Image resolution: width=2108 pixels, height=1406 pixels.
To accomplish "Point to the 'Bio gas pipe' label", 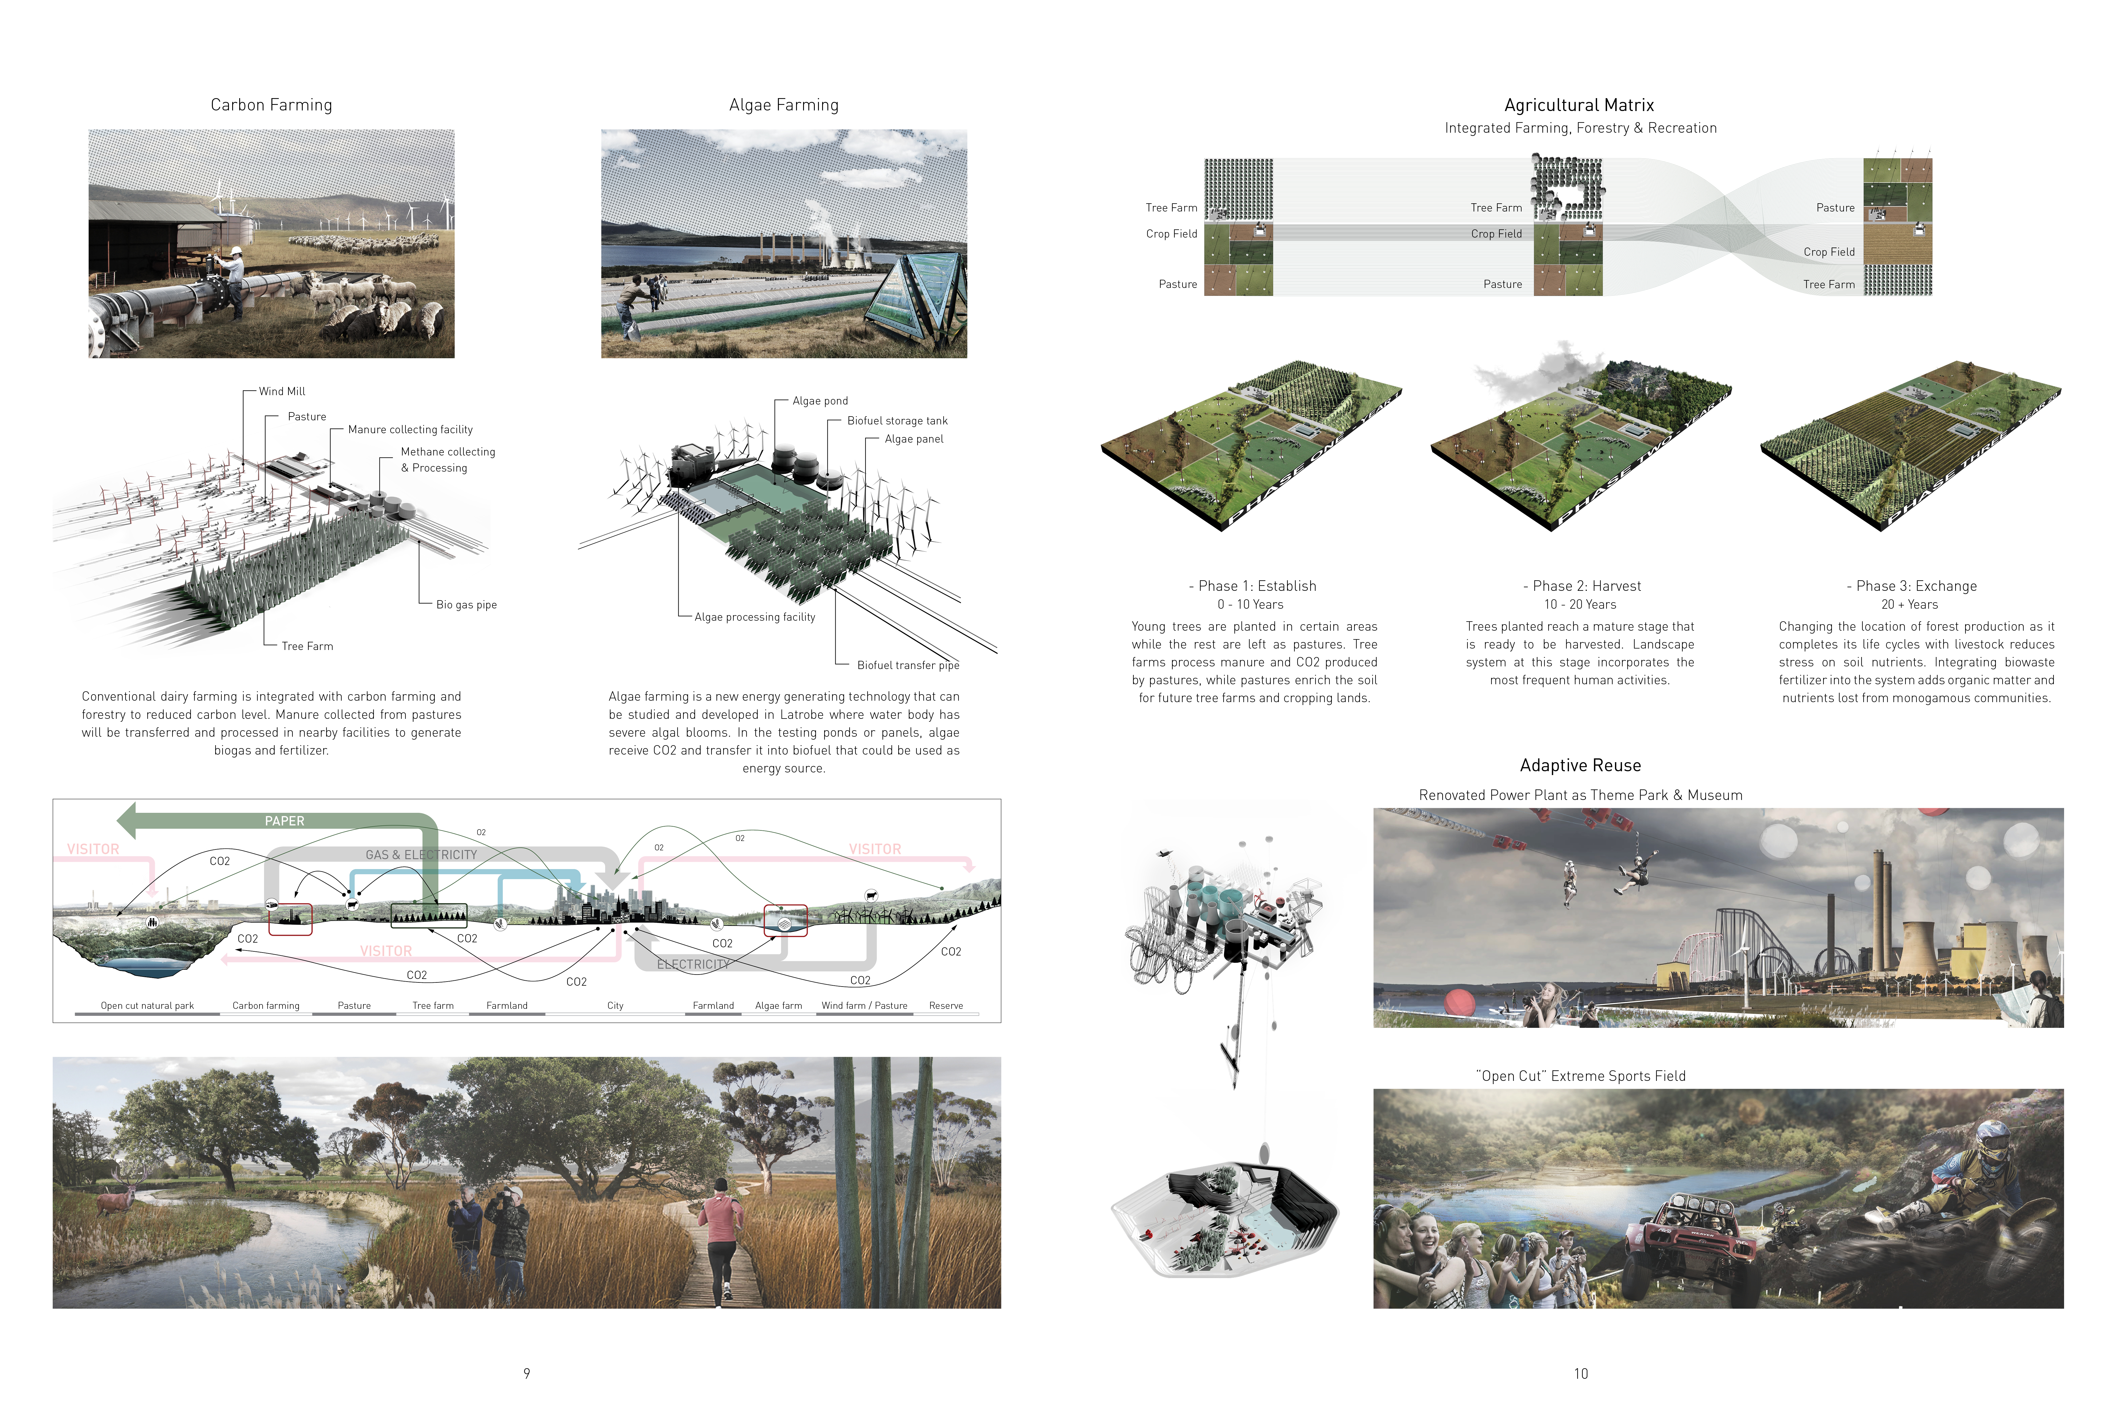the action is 466,604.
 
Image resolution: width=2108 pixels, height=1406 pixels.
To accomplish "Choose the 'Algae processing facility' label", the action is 755,617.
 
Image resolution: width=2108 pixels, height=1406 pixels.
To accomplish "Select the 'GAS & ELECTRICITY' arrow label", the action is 421,854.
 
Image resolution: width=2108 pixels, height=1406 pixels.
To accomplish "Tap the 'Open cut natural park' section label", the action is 147,1005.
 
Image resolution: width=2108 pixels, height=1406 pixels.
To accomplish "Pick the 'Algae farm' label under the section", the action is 778,1005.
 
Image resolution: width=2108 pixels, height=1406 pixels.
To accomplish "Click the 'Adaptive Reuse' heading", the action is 1580,765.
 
